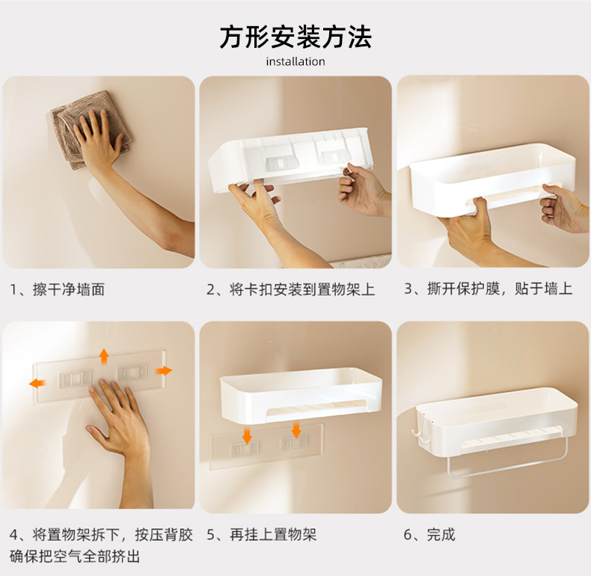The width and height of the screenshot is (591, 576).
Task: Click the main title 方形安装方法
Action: click(x=295, y=37)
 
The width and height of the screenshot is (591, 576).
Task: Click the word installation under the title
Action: click(x=295, y=61)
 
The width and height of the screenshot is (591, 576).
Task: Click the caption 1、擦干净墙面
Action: click(x=58, y=289)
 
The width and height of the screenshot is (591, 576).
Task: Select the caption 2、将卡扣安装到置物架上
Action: click(x=290, y=289)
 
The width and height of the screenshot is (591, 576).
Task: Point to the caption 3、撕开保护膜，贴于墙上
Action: click(x=489, y=289)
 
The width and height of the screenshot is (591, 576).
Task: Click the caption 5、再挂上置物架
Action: click(x=262, y=535)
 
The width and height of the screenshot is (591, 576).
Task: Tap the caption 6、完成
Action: click(x=429, y=535)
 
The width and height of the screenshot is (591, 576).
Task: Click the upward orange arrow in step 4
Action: click(x=104, y=356)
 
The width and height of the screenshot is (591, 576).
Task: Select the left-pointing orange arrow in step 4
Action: click(x=37, y=383)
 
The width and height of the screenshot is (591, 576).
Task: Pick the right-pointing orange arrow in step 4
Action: click(x=164, y=371)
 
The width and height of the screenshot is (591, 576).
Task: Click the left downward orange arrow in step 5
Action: click(x=248, y=436)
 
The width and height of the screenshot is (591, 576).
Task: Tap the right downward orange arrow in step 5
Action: click(x=296, y=430)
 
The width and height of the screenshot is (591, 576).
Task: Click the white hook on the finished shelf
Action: click(x=417, y=434)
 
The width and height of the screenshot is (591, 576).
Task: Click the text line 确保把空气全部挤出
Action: click(x=75, y=557)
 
